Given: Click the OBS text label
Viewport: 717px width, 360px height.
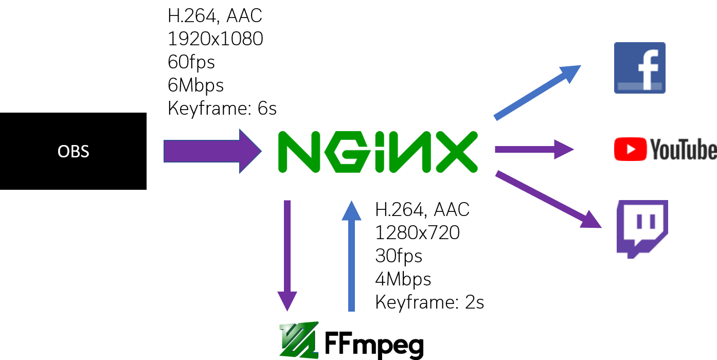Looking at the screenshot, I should click(73, 152).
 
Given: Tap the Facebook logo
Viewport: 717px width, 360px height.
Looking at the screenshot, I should click(639, 68).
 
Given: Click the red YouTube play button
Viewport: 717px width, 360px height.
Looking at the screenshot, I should click(630, 149).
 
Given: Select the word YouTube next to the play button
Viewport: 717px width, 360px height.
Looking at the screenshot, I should click(683, 150).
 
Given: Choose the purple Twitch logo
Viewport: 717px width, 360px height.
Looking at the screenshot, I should click(642, 228).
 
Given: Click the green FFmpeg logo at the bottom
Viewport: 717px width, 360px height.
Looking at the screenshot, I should click(299, 340).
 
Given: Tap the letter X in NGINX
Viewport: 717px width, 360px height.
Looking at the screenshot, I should click(455, 152).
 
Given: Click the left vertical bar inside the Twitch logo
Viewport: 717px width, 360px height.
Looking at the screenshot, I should click(639, 221).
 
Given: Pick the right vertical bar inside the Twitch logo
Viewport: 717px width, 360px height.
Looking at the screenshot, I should click(653, 221).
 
